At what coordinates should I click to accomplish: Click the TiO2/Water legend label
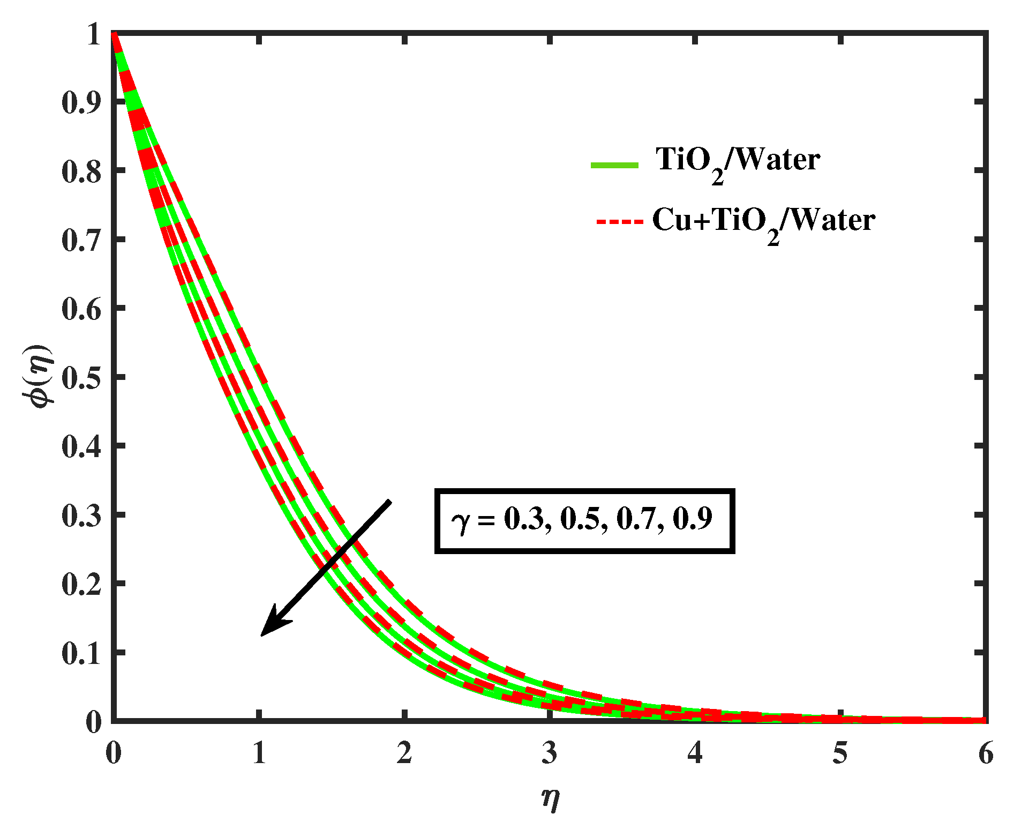(x=738, y=161)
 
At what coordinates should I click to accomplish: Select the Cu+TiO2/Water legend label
(x=763, y=221)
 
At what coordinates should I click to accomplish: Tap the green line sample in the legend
(x=614, y=165)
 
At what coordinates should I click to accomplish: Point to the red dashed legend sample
(x=619, y=221)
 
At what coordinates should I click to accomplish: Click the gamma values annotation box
(x=584, y=520)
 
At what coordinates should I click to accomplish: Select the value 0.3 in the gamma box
(x=523, y=519)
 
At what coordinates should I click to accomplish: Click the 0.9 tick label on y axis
(x=81, y=102)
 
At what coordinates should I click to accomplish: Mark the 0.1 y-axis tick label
(x=81, y=653)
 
